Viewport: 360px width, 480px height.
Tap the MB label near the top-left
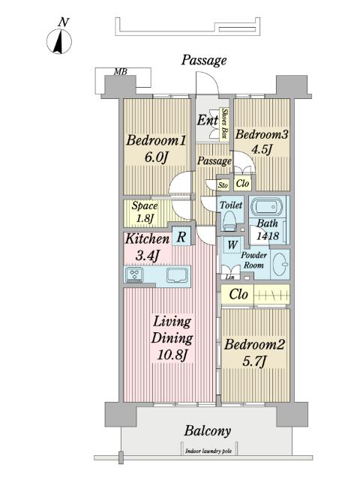point(120,72)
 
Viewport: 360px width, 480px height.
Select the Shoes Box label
point(225,124)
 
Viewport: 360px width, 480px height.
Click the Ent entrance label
point(207,120)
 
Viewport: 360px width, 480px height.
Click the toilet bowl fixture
point(229,220)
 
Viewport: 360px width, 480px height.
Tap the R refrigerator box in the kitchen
point(181,236)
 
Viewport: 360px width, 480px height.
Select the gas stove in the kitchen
point(134,274)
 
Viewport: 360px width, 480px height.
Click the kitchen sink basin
point(177,275)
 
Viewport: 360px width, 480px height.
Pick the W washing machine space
point(232,245)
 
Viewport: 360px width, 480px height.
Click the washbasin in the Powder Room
point(280,264)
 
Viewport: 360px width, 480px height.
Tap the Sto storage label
point(223,185)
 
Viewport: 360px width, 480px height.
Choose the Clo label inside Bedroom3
point(243,183)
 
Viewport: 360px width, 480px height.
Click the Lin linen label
point(230,277)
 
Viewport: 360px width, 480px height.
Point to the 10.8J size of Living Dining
point(172,355)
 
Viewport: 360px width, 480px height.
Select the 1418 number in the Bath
point(268,236)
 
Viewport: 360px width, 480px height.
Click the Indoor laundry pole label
point(208,451)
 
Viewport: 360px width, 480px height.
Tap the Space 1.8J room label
point(145,211)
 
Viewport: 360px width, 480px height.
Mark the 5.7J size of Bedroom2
point(253,361)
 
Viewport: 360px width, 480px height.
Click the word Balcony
point(208,431)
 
